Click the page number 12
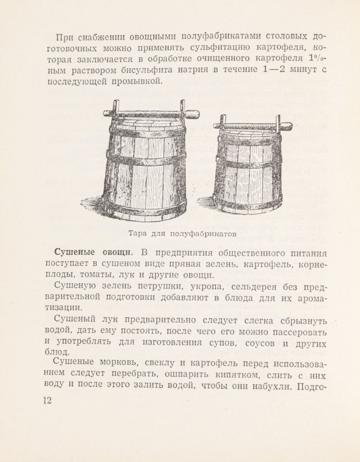click(47, 400)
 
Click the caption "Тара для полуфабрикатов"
click(183, 233)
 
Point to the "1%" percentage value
click(318, 58)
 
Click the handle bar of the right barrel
click(252, 126)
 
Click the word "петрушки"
click(162, 287)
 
